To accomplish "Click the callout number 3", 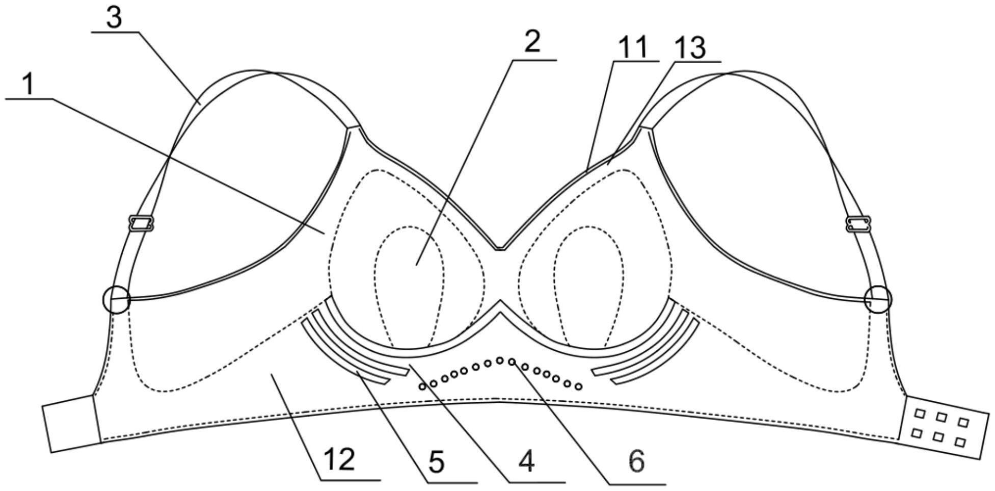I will (114, 18).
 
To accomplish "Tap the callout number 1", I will (29, 84).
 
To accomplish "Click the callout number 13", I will (690, 49).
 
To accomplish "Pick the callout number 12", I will (340, 460).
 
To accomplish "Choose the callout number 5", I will (436, 462).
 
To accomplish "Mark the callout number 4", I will (526, 462).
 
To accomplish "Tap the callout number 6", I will (636, 462).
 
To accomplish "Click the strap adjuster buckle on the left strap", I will (142, 223).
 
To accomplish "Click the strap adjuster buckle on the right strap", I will (858, 223).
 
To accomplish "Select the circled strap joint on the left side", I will (116, 299).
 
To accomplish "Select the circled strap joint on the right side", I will (878, 299).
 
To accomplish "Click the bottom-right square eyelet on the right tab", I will (960, 442).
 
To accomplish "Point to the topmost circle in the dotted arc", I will (500, 360).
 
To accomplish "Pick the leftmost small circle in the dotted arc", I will (422, 386).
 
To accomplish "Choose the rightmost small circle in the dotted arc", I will (578, 386).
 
